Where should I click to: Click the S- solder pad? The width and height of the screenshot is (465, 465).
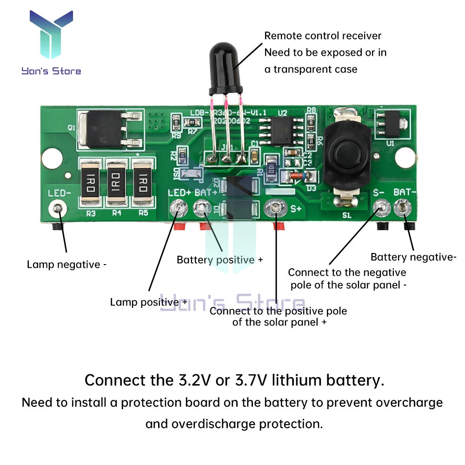tap(382, 207)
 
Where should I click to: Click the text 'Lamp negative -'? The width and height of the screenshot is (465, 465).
tap(66, 265)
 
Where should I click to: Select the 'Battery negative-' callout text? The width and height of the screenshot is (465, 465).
tap(413, 257)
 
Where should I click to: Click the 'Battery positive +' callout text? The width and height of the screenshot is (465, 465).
tap(219, 259)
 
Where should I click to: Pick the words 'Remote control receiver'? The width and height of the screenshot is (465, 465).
tap(323, 36)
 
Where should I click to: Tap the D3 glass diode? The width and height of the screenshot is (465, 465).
tap(295, 175)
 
